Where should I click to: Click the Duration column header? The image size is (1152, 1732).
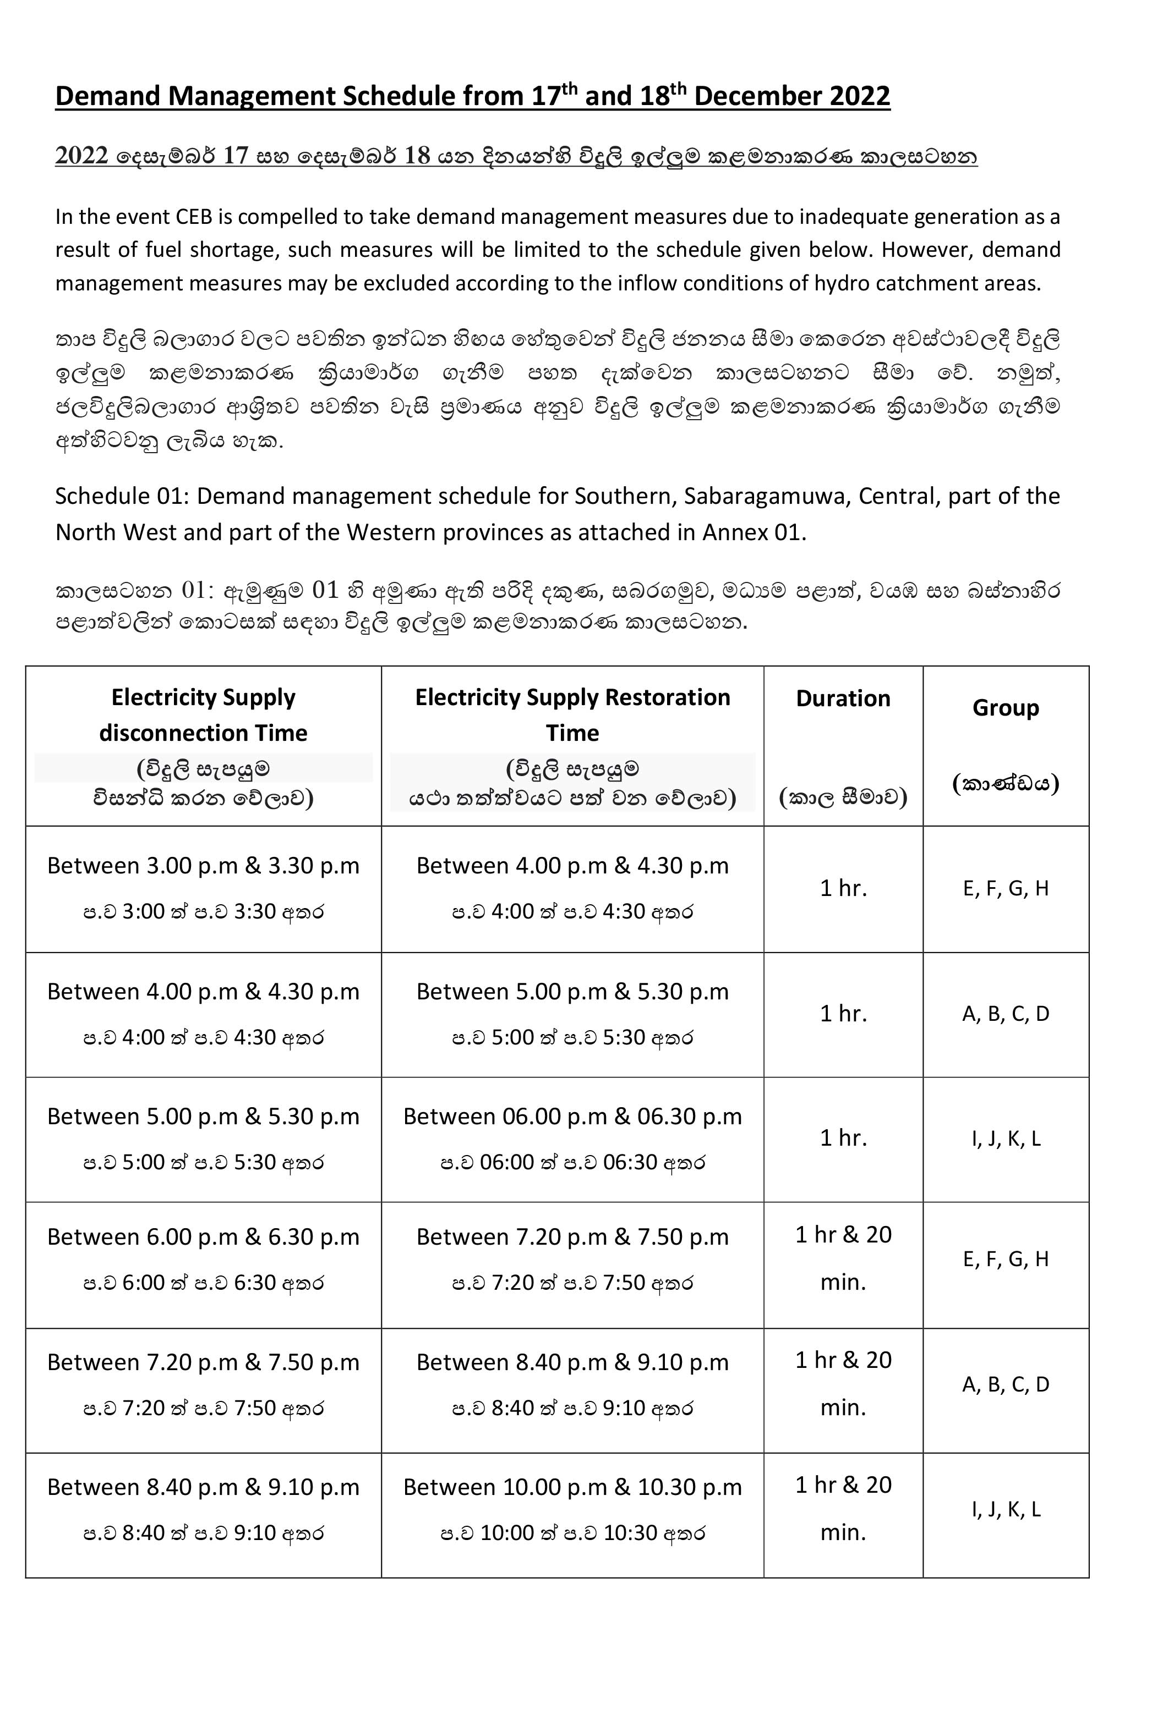(x=843, y=698)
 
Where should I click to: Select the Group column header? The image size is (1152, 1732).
(x=1005, y=708)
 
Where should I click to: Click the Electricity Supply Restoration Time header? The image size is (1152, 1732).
(x=572, y=714)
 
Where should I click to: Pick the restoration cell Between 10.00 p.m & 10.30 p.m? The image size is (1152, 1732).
(x=572, y=1487)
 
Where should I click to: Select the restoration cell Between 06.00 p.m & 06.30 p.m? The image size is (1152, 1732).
(x=572, y=1117)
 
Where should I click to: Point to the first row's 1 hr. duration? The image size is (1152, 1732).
(x=843, y=888)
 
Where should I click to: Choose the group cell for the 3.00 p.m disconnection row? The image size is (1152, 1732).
(x=1005, y=888)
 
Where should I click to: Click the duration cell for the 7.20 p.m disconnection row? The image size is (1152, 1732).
(x=843, y=1383)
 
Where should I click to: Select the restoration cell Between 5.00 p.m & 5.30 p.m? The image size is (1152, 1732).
(x=572, y=992)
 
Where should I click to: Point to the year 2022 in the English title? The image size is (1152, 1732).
(x=860, y=96)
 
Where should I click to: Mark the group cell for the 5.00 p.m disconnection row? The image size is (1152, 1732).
(x=1005, y=1139)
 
